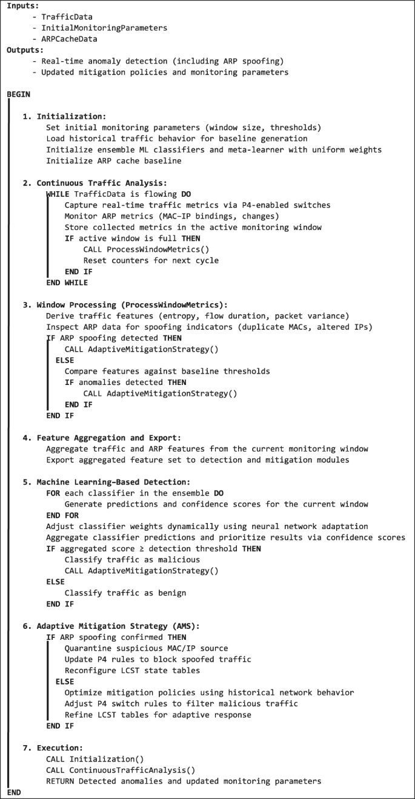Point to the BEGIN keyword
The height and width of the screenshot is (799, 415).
19,94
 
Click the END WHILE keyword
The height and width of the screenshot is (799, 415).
67,282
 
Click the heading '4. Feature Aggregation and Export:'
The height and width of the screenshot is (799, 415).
104,438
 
